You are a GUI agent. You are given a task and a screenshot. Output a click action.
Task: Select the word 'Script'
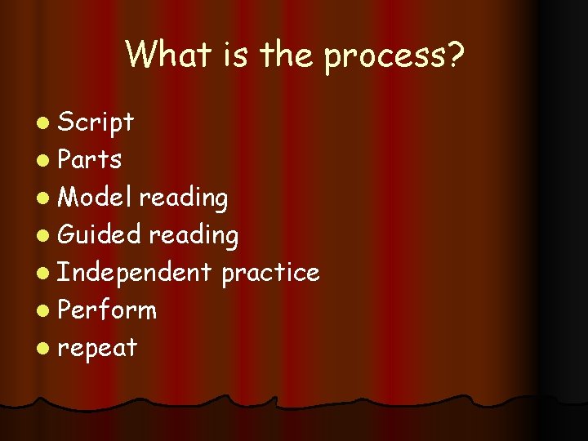[96, 123]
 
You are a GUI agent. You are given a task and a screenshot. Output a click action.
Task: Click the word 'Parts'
[91, 159]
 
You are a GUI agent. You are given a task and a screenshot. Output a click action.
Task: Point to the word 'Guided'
[100, 235]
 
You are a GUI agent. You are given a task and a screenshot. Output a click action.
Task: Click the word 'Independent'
[135, 273]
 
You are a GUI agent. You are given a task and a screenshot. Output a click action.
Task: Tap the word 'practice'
[270, 273]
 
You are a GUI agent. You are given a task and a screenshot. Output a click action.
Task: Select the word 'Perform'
[108, 310]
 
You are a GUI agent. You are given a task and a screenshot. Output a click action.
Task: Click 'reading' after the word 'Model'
[183, 198]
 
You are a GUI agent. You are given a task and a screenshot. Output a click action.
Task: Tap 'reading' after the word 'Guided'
[194, 236]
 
